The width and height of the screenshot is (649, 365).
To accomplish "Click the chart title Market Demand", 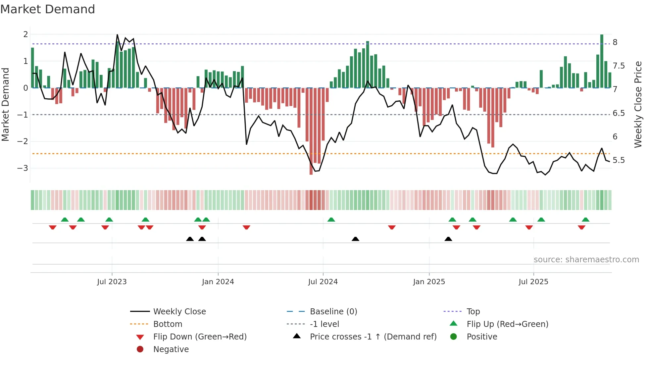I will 48,9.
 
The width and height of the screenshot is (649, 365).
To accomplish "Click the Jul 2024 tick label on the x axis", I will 323,282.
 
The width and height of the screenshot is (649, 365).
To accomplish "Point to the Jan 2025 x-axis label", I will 429,282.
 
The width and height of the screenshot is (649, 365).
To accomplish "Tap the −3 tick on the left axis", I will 23,168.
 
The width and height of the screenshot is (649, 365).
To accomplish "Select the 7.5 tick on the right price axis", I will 619,66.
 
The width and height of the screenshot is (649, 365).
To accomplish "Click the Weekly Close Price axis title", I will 638,104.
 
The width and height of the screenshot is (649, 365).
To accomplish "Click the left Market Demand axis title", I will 6,104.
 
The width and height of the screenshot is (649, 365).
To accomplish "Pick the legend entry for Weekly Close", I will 179,312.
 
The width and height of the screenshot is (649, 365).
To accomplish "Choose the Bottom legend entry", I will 168,324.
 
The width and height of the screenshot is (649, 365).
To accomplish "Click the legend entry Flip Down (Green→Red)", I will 200,337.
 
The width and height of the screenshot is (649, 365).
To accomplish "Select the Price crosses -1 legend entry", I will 373,337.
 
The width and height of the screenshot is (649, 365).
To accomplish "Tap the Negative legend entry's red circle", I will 140,349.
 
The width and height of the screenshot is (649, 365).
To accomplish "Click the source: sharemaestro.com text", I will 586,260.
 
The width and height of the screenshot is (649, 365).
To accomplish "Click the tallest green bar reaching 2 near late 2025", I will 602,61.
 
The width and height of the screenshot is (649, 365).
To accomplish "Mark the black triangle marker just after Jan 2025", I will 448,239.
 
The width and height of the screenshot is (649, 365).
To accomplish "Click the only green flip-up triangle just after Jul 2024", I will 331,220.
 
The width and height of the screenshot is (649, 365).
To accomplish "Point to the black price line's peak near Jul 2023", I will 117,35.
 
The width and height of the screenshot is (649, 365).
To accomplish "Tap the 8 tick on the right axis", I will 615,42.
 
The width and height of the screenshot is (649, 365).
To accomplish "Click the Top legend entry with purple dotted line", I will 473,312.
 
